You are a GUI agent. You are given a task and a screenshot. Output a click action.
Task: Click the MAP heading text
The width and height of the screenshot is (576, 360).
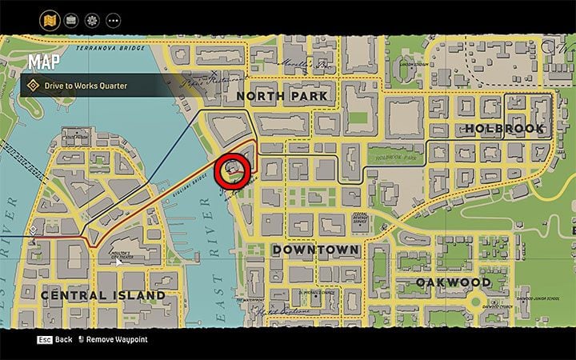[46, 61]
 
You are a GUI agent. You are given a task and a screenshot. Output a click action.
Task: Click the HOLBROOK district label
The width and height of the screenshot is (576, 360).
[504, 128]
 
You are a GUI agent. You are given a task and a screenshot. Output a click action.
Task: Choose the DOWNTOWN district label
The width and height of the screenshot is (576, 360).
[316, 250]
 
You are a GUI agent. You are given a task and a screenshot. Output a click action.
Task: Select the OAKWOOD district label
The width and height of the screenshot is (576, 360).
[453, 282]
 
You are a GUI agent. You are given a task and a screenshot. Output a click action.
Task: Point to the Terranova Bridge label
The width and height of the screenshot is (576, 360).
[107, 47]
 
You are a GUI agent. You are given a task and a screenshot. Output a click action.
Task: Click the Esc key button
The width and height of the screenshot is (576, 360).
[45, 339]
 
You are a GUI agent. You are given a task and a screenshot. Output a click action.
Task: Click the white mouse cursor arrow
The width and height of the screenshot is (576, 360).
[118, 261]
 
